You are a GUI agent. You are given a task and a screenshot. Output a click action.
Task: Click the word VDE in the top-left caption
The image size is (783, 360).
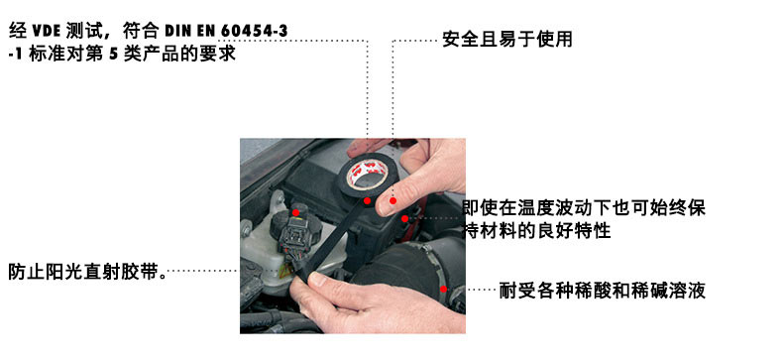tap(47, 31)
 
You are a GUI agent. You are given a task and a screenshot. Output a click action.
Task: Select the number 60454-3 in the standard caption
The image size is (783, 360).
tap(254, 31)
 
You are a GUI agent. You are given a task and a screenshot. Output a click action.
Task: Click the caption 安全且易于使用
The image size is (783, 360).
tap(507, 40)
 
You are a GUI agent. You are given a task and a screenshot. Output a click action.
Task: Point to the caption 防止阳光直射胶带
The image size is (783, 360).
tap(88, 272)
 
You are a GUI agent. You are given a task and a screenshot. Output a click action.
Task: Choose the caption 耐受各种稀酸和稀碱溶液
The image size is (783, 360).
tap(603, 291)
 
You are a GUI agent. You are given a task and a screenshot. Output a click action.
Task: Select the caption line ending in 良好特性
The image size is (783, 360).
tap(537, 231)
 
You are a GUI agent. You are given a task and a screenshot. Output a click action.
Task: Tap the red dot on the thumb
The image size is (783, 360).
tap(393, 200)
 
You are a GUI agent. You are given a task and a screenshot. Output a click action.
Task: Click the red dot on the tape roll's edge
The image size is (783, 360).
tap(367, 201)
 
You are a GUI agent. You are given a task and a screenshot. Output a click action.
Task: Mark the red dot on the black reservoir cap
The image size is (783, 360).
tap(295, 212)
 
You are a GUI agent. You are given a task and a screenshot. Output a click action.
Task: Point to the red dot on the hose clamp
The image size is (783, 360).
tap(443, 289)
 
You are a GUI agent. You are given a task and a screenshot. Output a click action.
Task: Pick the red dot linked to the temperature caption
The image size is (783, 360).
tap(404, 218)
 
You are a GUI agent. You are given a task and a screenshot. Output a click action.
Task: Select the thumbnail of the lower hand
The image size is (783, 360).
tap(317, 279)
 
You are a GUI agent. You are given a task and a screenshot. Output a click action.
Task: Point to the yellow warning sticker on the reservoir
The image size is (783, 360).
tap(286, 272)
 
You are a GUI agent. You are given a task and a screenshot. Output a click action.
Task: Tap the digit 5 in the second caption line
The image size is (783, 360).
tap(112, 54)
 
